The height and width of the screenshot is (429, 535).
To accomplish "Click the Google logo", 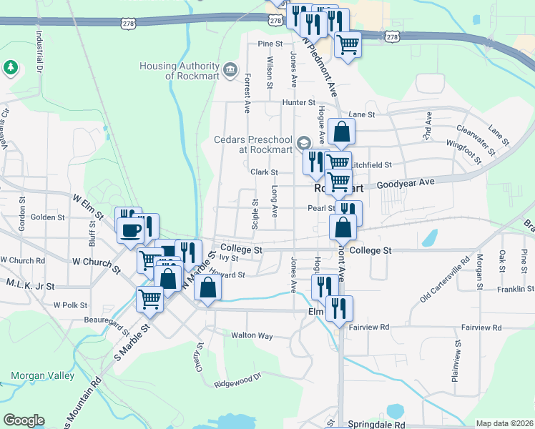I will tap(24, 420).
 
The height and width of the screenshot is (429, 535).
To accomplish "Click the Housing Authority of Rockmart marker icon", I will tap(230, 69).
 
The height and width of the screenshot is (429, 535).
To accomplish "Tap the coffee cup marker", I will tap(131, 230).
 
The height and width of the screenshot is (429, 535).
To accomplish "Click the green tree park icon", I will tap(10, 67).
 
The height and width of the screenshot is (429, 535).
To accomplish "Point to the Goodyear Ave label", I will tap(406, 183).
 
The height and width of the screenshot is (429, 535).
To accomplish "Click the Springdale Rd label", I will tap(372, 424).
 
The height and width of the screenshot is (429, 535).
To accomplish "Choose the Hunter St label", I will tap(293, 102).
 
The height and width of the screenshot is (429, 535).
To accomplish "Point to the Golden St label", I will tap(48, 217).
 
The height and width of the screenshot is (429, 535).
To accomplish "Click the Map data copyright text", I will tap(504, 423).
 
